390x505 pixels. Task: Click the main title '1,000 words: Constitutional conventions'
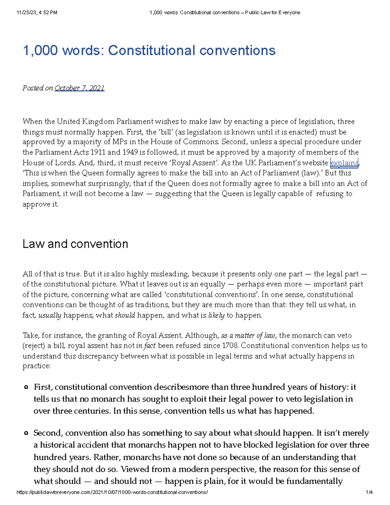coord(149,51)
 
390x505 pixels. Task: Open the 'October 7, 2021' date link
coord(79,88)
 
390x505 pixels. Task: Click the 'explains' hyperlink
coord(344,163)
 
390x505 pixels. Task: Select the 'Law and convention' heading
coord(75,244)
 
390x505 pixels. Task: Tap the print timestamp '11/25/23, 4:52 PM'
coord(37,13)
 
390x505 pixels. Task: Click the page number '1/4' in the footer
coord(369,492)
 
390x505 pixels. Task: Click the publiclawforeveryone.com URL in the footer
coord(112,492)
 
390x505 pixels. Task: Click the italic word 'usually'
coord(50,315)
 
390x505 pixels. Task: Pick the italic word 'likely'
coord(216,315)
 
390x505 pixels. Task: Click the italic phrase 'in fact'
coord(146,346)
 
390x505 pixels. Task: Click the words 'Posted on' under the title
coord(37,88)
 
